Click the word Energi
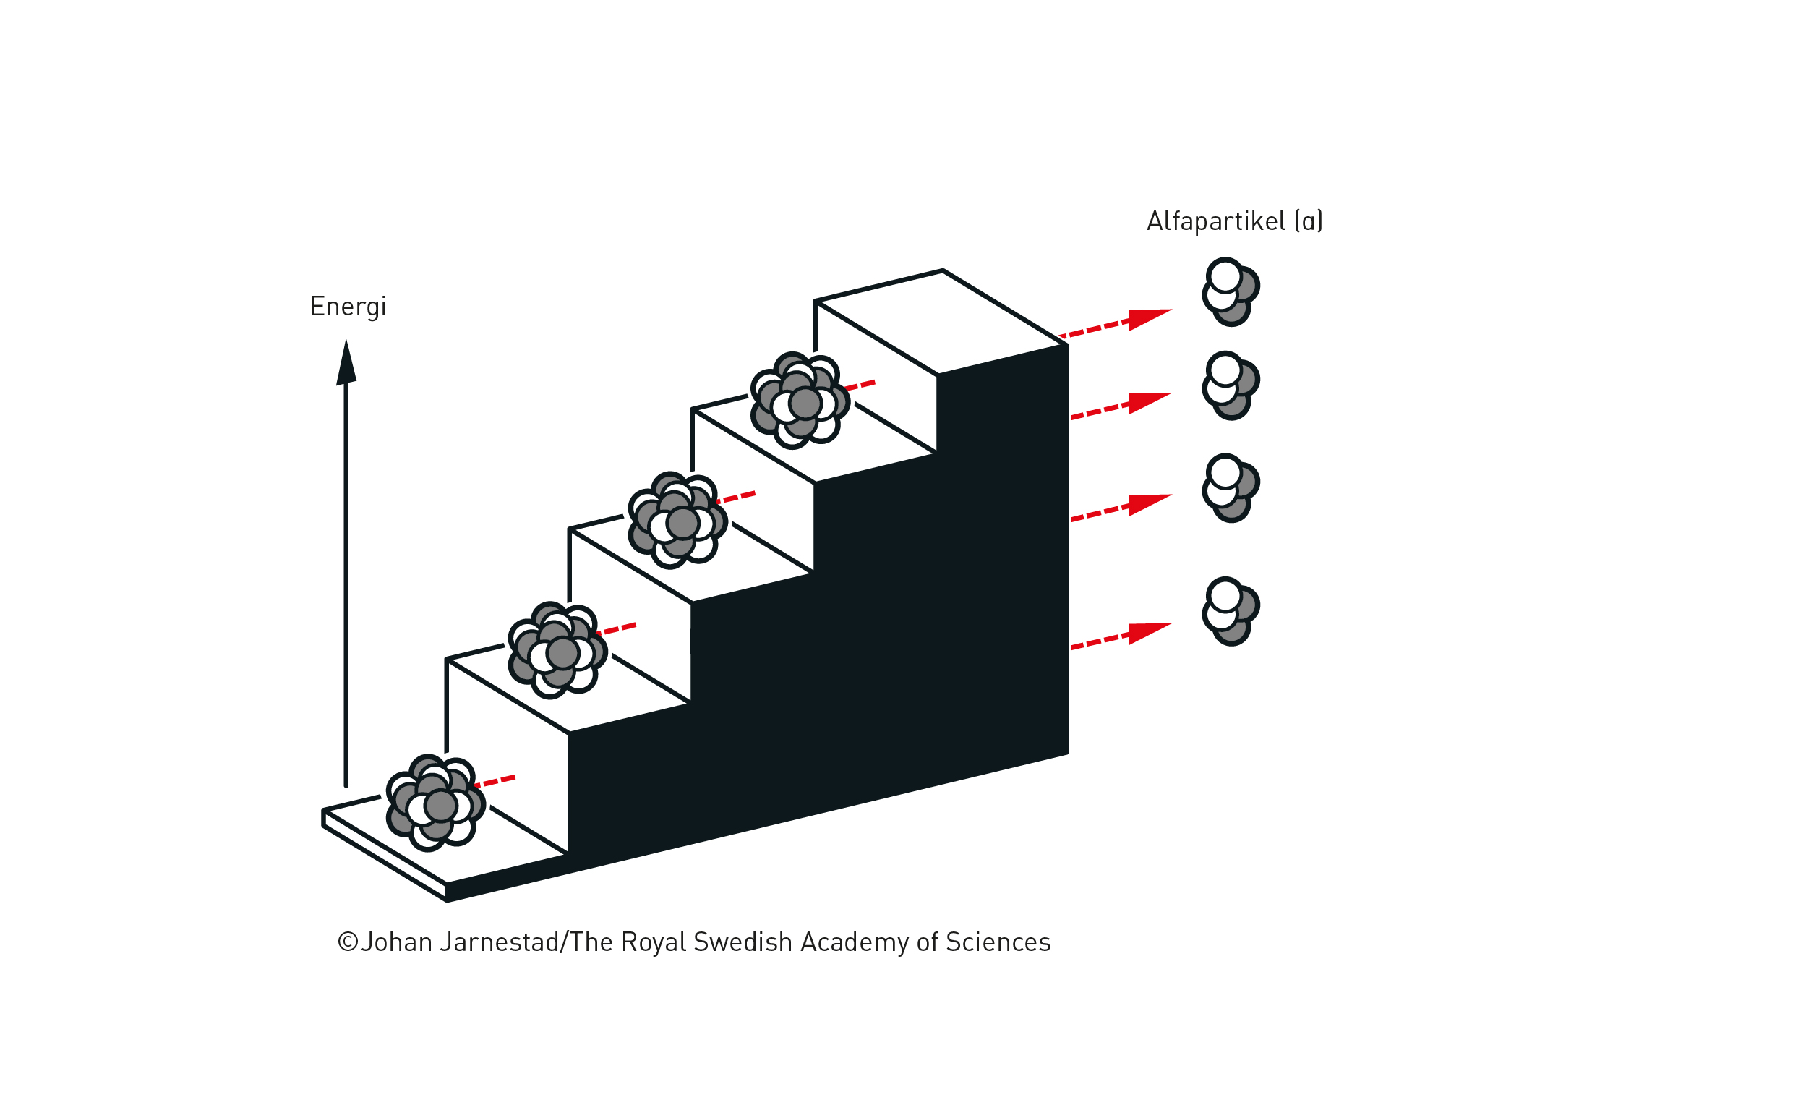coord(347,307)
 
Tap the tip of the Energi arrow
coord(346,343)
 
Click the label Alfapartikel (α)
coord(1234,221)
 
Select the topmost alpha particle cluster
coord(1229,291)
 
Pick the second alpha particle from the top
coord(1229,385)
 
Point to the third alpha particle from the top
coord(1229,488)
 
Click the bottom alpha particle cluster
coord(1229,612)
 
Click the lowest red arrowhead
coord(1148,632)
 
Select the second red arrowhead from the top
coord(1148,402)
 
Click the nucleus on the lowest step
coord(435,802)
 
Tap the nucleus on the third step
coord(677,521)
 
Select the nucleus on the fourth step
coord(800,401)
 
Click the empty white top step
coord(941,323)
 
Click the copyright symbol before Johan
coord(347,942)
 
